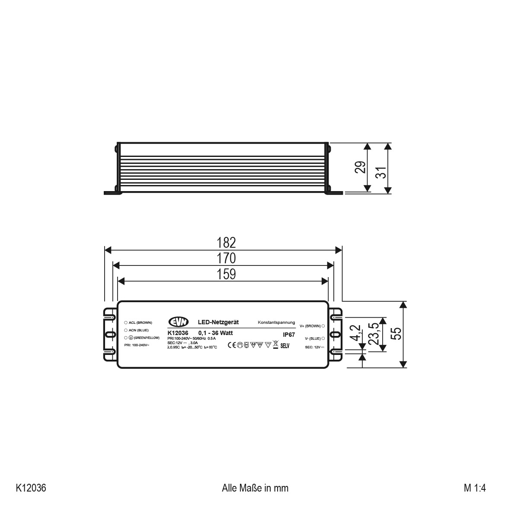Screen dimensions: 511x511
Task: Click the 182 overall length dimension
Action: tap(227, 243)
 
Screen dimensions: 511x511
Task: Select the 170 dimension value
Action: tap(227, 258)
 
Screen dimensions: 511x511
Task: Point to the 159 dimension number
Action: tap(227, 274)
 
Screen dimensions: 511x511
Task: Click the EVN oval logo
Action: tap(178, 323)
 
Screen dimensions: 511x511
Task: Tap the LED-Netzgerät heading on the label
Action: tap(218, 323)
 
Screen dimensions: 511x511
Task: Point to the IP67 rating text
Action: tap(288, 334)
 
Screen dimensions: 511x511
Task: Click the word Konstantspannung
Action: tap(276, 323)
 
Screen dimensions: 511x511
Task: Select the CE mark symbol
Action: tap(231, 345)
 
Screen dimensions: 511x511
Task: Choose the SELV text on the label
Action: tap(284, 346)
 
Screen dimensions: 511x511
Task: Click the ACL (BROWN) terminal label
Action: tap(140, 323)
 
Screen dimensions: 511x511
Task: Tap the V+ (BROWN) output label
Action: tap(310, 326)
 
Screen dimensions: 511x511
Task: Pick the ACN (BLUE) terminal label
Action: tap(138, 330)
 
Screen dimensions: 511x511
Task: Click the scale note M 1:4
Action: tap(475, 488)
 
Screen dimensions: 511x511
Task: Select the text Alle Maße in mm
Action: tap(255, 488)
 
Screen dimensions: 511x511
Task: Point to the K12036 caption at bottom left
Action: tap(31, 488)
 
